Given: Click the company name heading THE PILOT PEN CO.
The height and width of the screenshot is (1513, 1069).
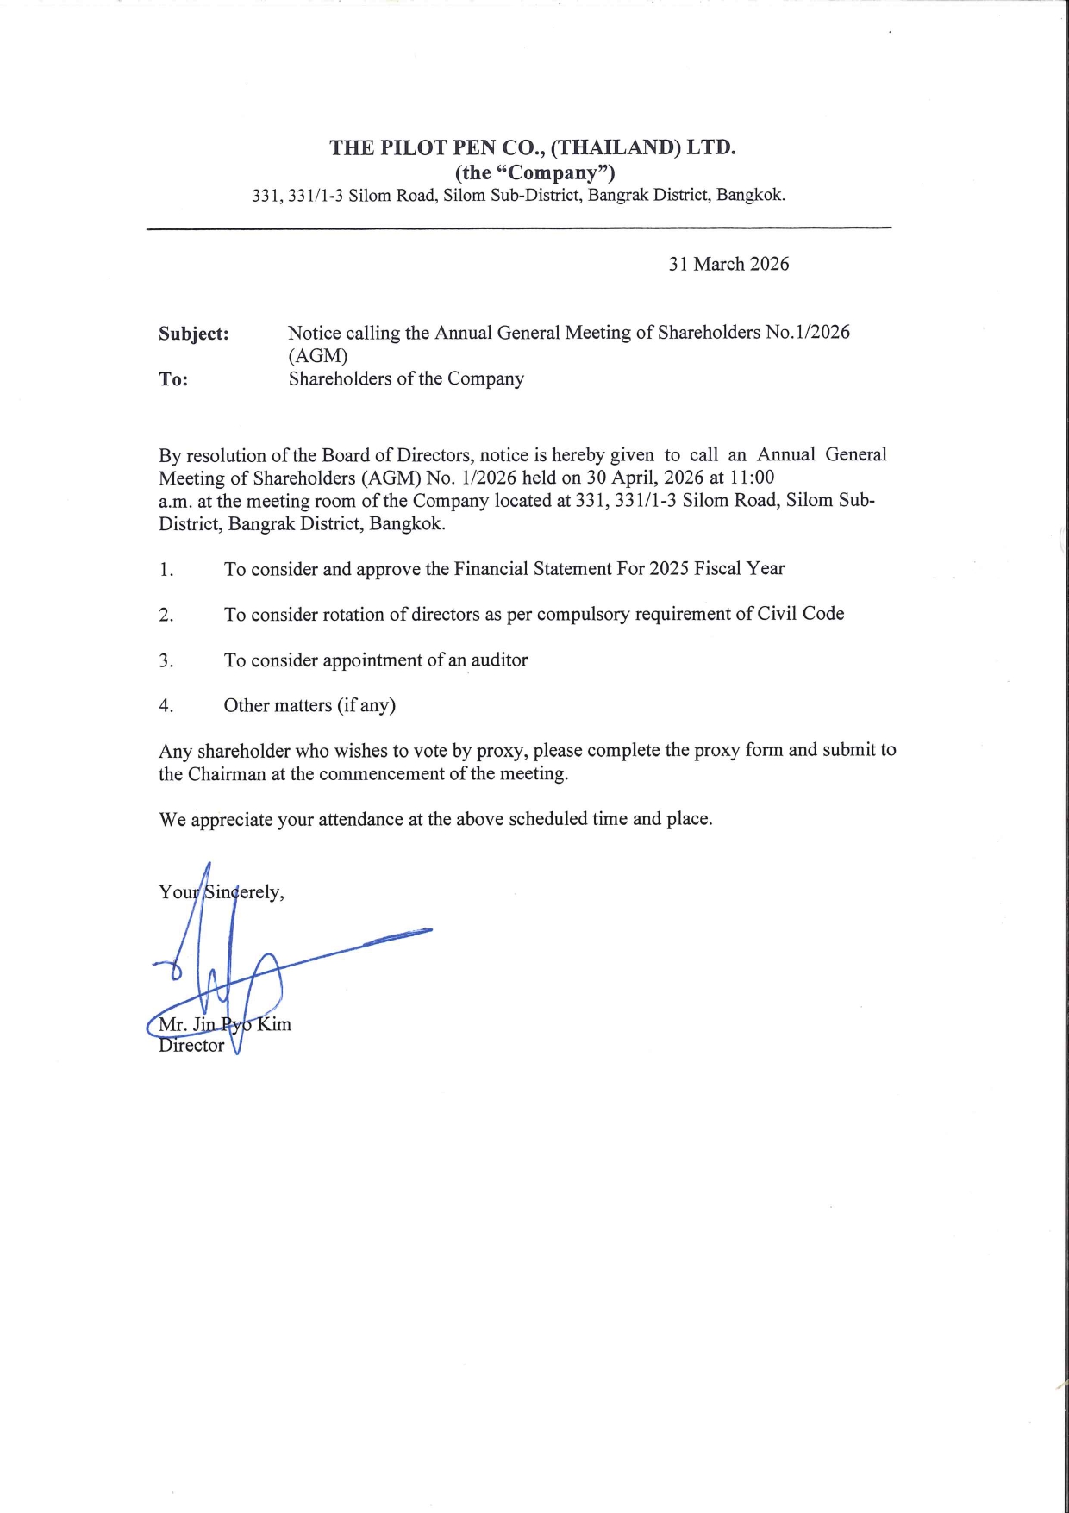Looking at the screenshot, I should tap(532, 147).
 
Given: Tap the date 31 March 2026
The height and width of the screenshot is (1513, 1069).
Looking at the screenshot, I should tap(728, 264).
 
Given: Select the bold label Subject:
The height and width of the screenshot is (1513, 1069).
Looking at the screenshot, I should tap(194, 334).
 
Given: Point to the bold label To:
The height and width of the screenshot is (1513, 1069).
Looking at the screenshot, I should tap(173, 380).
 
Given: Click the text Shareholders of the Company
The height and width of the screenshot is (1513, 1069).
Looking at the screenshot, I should tap(406, 379).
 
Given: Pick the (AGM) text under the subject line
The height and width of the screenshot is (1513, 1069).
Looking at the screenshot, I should tap(317, 356).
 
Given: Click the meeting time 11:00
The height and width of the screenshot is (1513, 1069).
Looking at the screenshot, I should tap(752, 478).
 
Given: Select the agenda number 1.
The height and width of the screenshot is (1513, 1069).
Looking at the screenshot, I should tap(166, 570).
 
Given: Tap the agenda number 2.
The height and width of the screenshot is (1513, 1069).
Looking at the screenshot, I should tap(166, 616).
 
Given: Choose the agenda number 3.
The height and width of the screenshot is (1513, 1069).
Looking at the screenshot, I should tap(166, 661).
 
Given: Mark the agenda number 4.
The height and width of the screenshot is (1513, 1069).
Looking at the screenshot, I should tap(166, 706).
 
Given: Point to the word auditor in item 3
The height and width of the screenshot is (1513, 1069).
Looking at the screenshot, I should tap(499, 660).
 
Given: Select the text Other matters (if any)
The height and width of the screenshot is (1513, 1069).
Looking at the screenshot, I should tap(309, 705).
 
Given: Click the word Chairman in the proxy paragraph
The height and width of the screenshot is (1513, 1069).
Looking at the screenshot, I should tap(227, 774).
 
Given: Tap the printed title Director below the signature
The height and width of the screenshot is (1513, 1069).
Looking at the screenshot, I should tap(191, 1046).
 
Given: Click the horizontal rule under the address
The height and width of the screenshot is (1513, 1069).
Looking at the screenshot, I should tap(518, 228).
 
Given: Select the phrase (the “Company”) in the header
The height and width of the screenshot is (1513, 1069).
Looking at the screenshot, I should tap(534, 172).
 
